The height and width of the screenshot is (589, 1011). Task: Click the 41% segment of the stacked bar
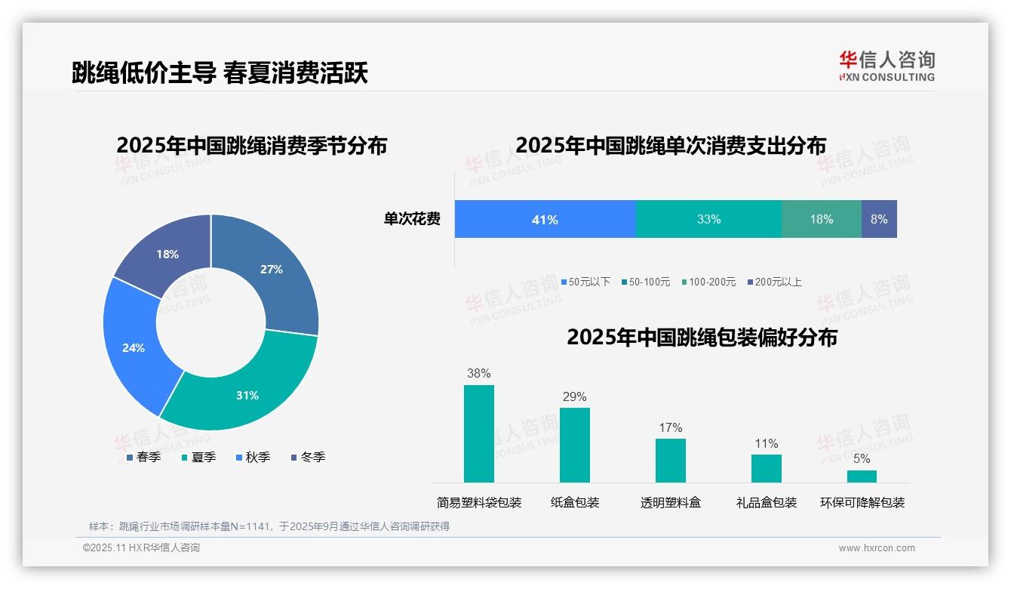[x=545, y=220]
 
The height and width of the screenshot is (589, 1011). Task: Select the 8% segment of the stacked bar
[x=879, y=220]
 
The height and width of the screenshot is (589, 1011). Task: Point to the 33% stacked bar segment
[x=708, y=220]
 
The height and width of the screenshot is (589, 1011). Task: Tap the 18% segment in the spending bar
[x=821, y=220]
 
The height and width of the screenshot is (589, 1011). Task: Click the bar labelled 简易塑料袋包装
[x=479, y=433]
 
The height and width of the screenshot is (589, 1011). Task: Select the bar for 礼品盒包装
[x=767, y=468]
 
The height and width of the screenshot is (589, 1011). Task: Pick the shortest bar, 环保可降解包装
[x=862, y=476]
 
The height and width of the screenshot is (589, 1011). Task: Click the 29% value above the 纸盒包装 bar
[x=574, y=397]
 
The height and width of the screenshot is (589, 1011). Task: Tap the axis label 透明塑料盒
[x=671, y=503]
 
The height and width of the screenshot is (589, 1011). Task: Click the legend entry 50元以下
[x=585, y=282]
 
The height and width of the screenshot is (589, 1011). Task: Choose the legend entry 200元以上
[x=774, y=282]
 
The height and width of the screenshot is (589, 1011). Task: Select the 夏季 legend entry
[x=199, y=458]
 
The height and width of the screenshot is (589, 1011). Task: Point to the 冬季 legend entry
[x=309, y=458]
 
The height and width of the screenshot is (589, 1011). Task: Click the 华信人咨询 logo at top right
[x=887, y=66]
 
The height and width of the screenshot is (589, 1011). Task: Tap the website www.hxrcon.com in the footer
[x=877, y=548]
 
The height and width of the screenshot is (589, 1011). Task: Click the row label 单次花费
[x=412, y=220]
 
